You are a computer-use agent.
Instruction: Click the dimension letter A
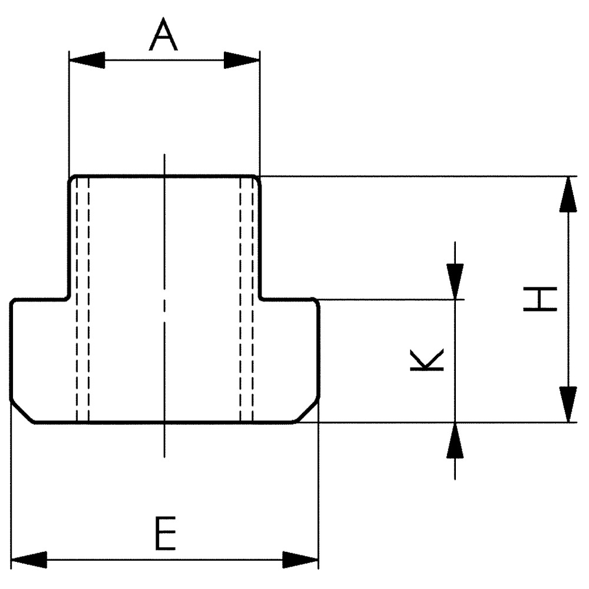[163, 34]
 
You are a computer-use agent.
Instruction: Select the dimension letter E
[166, 534]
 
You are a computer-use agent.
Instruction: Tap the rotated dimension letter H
[540, 299]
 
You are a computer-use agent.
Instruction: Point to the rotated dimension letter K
[426, 360]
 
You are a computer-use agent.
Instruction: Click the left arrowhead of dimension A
[87, 60]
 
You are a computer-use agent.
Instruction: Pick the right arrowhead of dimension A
[241, 60]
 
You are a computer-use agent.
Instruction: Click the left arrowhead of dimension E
[29, 560]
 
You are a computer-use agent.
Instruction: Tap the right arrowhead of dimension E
[300, 560]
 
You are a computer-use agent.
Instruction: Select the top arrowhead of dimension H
[568, 194]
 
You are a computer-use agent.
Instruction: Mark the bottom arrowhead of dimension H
[568, 405]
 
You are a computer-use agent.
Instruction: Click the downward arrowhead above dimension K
[455, 282]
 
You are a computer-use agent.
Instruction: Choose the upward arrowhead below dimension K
[455, 440]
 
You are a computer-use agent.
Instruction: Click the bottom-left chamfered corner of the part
[22, 412]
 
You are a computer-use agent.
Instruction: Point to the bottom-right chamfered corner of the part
[306, 412]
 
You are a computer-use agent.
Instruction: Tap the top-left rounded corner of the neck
[72, 178]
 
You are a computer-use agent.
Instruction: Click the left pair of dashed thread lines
[82, 299]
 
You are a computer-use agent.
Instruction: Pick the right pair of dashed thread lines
[246, 299]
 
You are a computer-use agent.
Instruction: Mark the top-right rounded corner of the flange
[316, 302]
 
